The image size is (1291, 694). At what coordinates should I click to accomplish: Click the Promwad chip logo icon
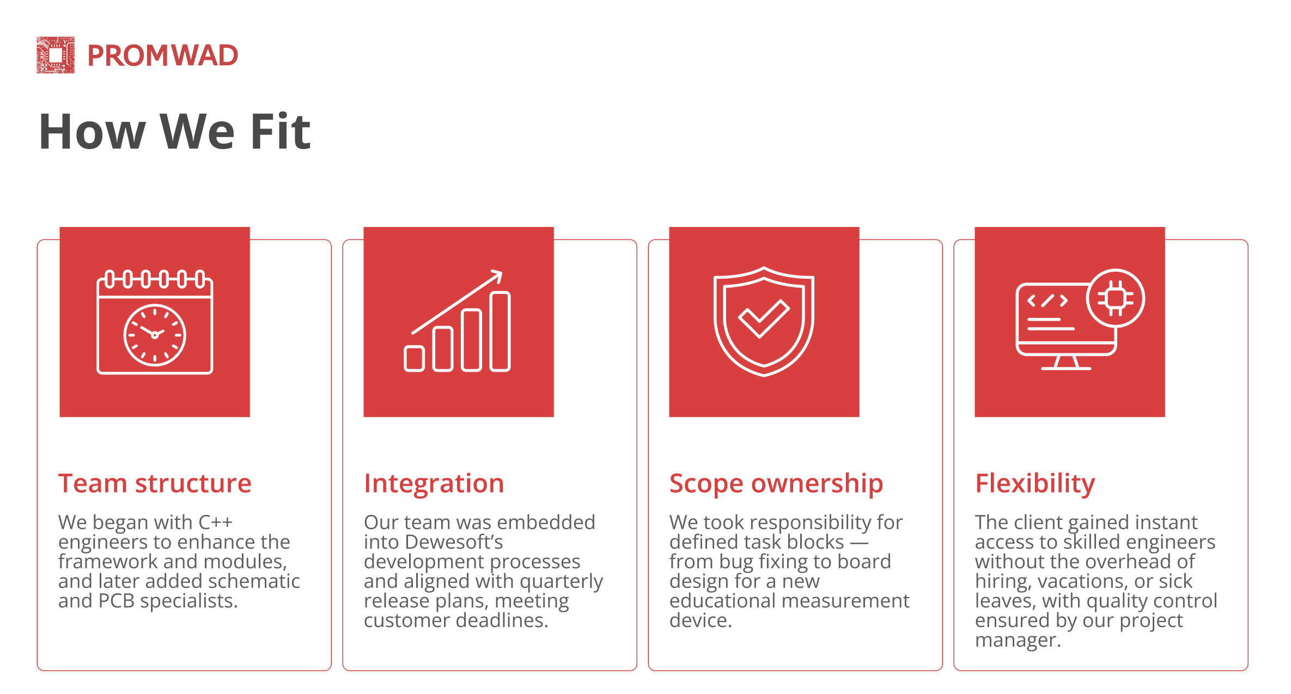[56, 55]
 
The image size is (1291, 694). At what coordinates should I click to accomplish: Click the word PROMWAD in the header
[163, 56]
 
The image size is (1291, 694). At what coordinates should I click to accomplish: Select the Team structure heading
[155, 483]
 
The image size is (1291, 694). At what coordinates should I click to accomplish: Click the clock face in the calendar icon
[155, 335]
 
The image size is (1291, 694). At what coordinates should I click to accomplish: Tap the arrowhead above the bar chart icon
[496, 277]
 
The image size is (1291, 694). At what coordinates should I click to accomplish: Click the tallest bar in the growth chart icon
[500, 331]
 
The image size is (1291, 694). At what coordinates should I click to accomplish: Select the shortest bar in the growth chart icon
[414, 359]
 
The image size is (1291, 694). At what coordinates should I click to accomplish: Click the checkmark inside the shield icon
[764, 318]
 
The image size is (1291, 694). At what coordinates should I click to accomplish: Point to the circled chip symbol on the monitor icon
[1116, 298]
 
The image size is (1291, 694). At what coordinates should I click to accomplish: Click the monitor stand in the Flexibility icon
[1066, 363]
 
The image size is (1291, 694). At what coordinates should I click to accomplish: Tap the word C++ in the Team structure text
[216, 523]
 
